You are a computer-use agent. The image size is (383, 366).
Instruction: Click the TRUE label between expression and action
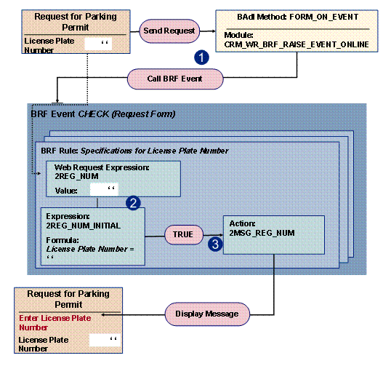[x=182, y=235]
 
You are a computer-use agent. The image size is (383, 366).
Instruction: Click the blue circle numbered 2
[x=132, y=203]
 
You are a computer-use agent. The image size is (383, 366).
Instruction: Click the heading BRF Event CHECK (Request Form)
[x=102, y=114]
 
